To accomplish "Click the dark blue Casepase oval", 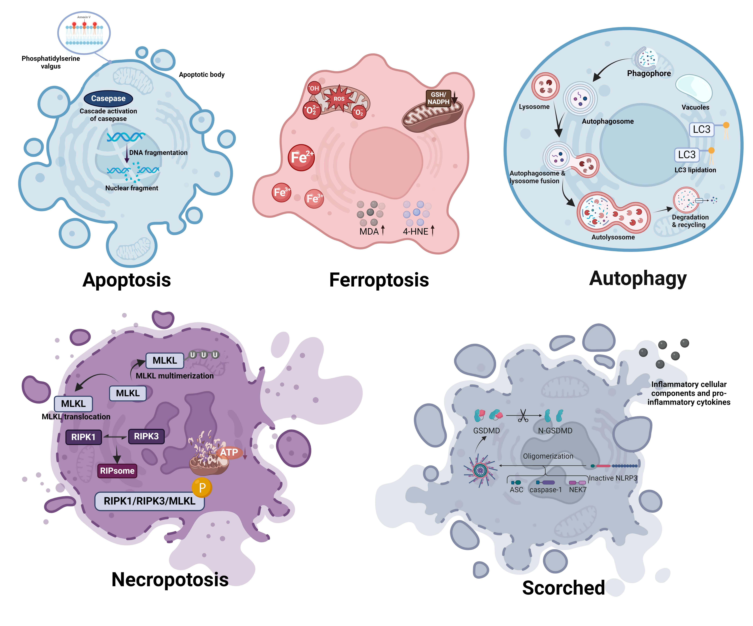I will [x=108, y=98].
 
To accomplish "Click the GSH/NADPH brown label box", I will [x=438, y=98].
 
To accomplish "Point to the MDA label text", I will [x=369, y=231].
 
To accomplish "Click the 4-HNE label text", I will [x=416, y=231].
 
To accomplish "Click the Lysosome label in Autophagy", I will [x=534, y=107].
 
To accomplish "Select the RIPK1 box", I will [x=83, y=437].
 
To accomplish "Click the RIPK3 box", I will [x=146, y=436].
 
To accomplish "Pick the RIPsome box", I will [x=117, y=471].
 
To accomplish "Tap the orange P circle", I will [x=202, y=487].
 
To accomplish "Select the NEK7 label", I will [x=578, y=490].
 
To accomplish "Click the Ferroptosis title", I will [x=379, y=280].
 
